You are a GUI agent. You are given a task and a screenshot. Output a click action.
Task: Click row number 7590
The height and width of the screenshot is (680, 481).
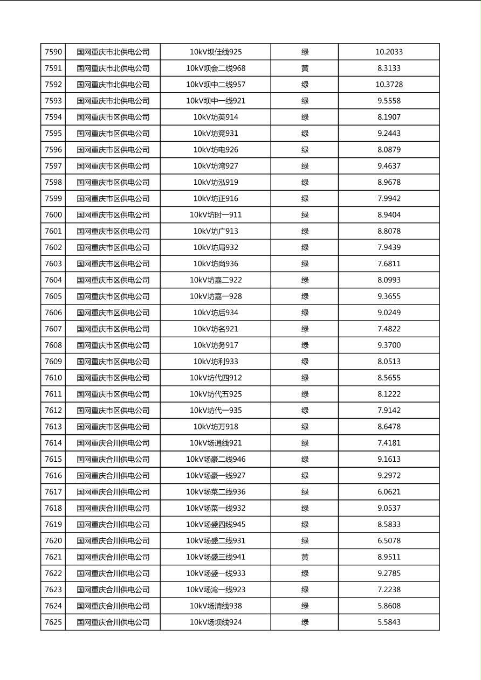(53, 52)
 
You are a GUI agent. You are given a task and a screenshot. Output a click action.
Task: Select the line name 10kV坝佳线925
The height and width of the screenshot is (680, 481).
(216, 52)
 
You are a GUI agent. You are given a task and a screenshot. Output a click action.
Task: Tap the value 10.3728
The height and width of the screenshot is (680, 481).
(389, 85)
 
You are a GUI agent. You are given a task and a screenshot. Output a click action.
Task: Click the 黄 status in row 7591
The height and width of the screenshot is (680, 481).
(305, 68)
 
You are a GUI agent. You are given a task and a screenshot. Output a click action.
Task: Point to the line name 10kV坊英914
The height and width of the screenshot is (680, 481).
(216, 117)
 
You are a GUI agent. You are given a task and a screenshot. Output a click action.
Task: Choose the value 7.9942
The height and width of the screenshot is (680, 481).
(389, 199)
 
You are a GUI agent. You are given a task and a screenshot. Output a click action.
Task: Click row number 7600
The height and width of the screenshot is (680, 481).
(53, 215)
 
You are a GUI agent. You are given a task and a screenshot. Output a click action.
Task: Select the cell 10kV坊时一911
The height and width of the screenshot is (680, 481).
(216, 215)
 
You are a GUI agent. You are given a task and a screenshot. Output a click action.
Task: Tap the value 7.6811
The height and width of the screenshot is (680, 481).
(389, 264)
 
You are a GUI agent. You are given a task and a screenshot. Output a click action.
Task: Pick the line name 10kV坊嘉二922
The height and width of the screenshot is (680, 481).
(216, 280)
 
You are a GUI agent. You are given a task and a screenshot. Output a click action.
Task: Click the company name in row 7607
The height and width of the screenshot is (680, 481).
(113, 329)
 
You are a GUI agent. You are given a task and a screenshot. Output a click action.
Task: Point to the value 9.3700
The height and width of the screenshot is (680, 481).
(389, 345)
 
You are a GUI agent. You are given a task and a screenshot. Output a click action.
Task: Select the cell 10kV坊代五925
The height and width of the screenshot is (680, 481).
(216, 394)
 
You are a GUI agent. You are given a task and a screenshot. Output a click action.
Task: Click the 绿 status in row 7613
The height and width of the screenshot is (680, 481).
(305, 427)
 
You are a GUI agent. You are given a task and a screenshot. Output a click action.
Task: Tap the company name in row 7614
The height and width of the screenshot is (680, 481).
(113, 443)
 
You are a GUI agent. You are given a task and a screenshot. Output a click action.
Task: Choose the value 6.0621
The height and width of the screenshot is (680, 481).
(389, 492)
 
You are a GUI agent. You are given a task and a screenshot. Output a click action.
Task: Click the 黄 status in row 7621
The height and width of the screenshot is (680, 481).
(305, 557)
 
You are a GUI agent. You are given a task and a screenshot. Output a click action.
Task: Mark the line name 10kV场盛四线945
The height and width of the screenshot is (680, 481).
(216, 524)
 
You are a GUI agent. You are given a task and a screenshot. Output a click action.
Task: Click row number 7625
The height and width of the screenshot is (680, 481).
(53, 622)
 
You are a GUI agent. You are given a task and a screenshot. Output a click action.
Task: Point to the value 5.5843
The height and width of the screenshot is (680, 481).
(389, 622)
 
